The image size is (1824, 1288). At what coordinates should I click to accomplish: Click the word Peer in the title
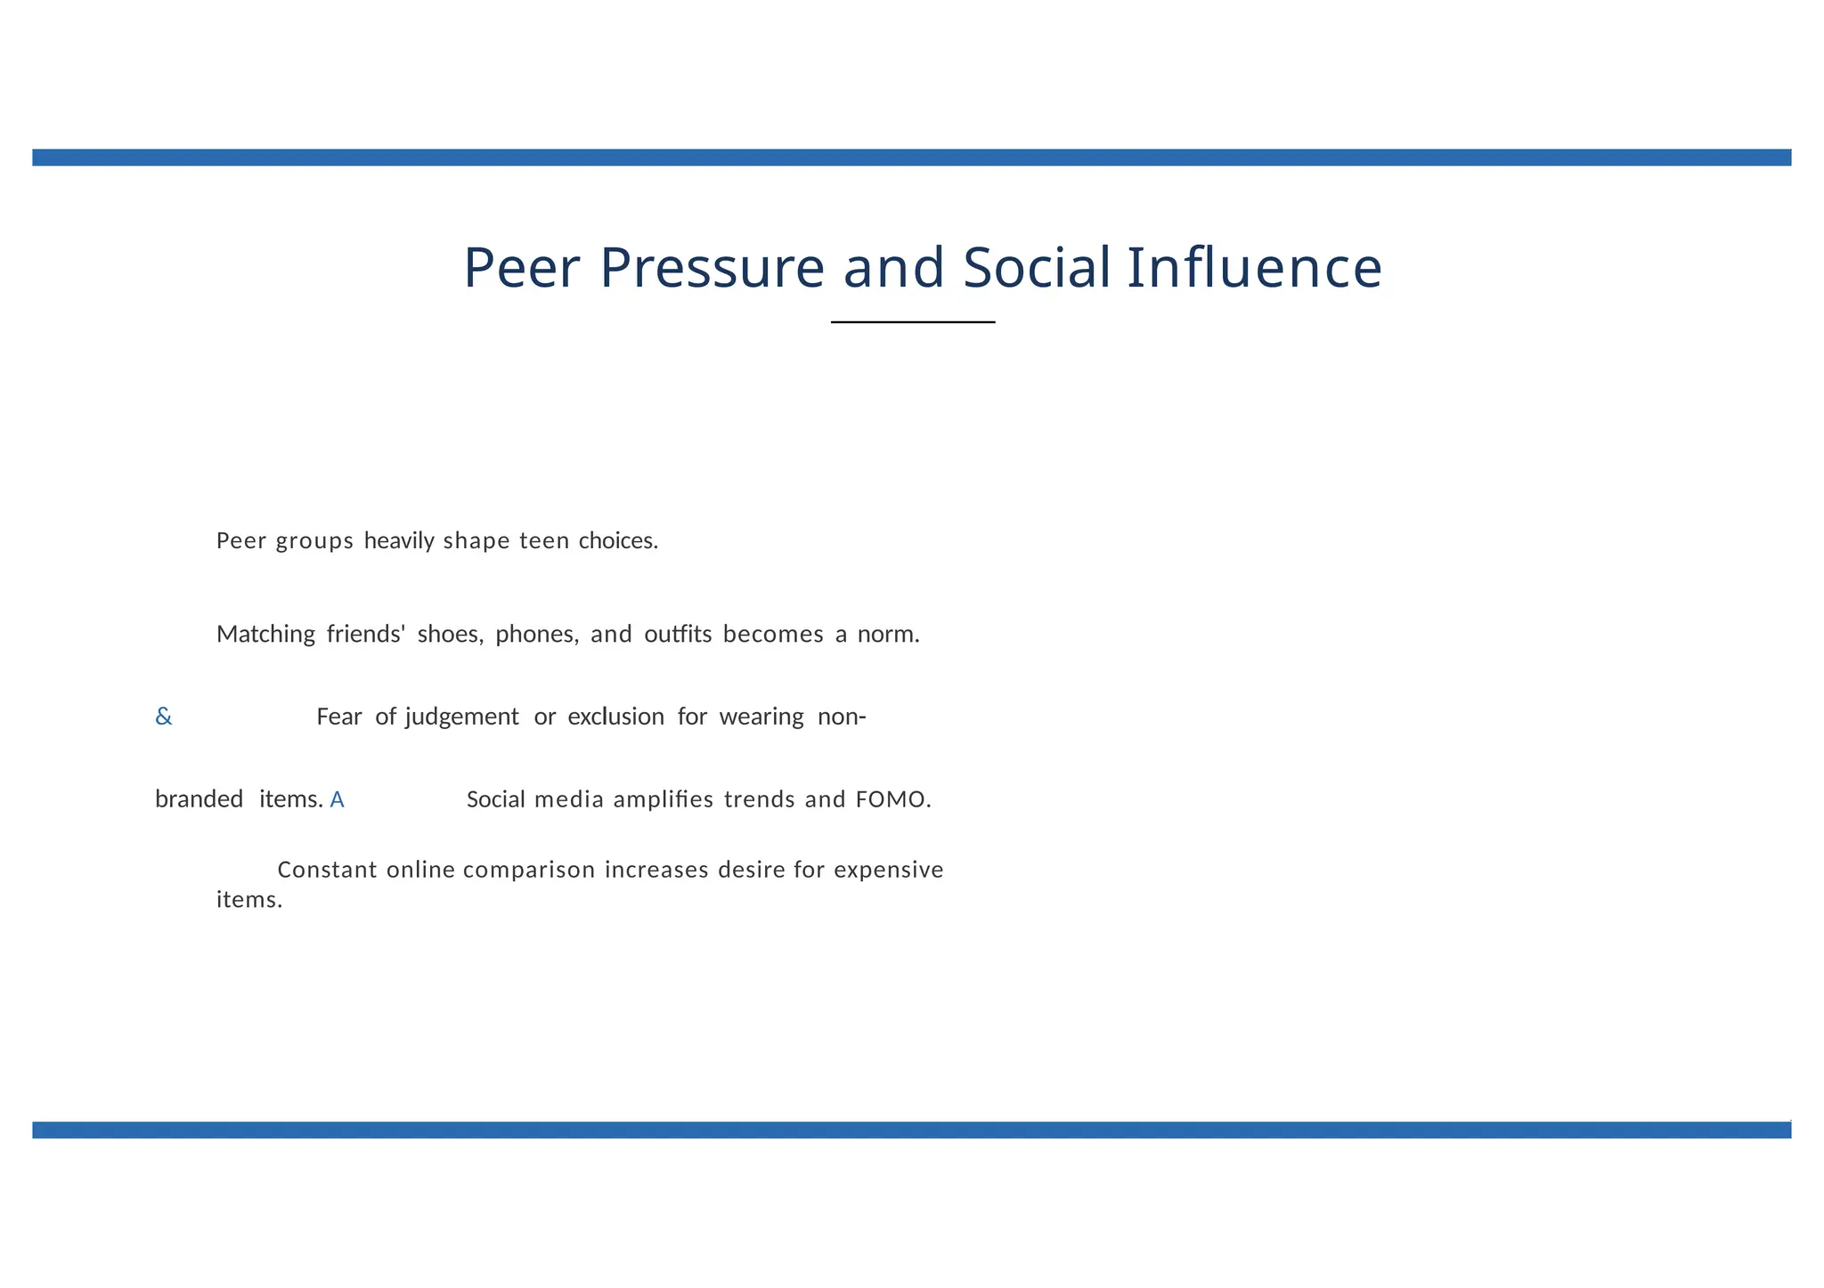click(x=522, y=268)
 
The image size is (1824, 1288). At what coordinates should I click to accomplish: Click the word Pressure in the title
click(x=712, y=268)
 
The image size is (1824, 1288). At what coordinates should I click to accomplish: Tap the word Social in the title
click(x=1037, y=268)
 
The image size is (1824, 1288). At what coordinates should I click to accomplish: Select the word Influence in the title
click(x=1254, y=268)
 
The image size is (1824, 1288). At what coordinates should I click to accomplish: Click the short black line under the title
click(x=913, y=322)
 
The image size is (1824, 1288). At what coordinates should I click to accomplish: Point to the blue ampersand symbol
click(x=164, y=717)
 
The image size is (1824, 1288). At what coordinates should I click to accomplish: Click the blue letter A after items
click(x=337, y=800)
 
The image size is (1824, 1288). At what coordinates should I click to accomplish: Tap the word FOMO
click(x=892, y=800)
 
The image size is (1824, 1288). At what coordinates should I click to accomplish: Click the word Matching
click(x=265, y=635)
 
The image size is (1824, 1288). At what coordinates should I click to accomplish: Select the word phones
click(x=536, y=635)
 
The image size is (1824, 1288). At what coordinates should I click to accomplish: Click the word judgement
click(x=461, y=717)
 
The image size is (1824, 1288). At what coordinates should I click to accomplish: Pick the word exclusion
click(x=615, y=717)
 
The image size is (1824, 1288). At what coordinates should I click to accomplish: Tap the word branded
click(x=199, y=800)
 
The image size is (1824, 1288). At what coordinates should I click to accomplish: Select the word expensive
click(x=888, y=870)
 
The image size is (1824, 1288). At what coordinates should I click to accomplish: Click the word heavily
click(x=399, y=541)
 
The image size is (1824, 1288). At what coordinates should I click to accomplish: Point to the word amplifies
click(x=663, y=800)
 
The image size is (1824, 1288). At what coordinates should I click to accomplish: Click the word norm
click(x=887, y=635)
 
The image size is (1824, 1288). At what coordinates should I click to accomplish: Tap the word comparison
click(x=529, y=870)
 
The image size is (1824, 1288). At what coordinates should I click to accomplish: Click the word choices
click(x=617, y=541)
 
